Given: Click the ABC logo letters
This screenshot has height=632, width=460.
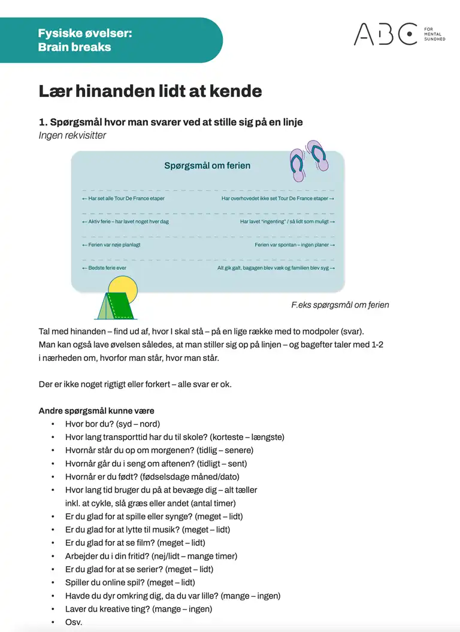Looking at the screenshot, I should click(385, 34).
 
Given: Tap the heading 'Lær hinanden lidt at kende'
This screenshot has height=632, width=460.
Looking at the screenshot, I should click(150, 91).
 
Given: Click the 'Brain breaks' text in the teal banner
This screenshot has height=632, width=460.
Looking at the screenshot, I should click(74, 47).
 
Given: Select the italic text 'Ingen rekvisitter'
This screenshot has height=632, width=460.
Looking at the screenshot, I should click(72, 135).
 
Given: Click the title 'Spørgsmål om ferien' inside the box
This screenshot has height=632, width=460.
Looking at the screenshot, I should click(207, 166).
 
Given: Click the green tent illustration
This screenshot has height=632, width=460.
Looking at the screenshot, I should click(116, 306).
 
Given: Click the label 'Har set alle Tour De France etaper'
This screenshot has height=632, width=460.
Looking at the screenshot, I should click(123, 198).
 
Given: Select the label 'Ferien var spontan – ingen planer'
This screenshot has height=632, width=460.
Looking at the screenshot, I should click(294, 245).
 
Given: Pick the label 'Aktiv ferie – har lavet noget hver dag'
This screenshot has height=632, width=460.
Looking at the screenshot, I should click(125, 221).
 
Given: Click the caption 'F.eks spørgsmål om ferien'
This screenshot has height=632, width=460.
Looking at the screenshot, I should click(340, 305).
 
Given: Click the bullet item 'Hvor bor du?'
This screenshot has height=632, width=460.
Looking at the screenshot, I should click(111, 424).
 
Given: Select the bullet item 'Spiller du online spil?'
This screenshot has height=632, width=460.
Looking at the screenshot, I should click(130, 582).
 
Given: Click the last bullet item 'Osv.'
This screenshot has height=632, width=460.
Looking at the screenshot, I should click(74, 622).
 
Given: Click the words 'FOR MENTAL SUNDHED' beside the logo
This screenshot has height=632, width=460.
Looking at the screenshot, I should click(434, 34).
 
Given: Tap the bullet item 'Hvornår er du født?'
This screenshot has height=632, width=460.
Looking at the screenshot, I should click(152, 476).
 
